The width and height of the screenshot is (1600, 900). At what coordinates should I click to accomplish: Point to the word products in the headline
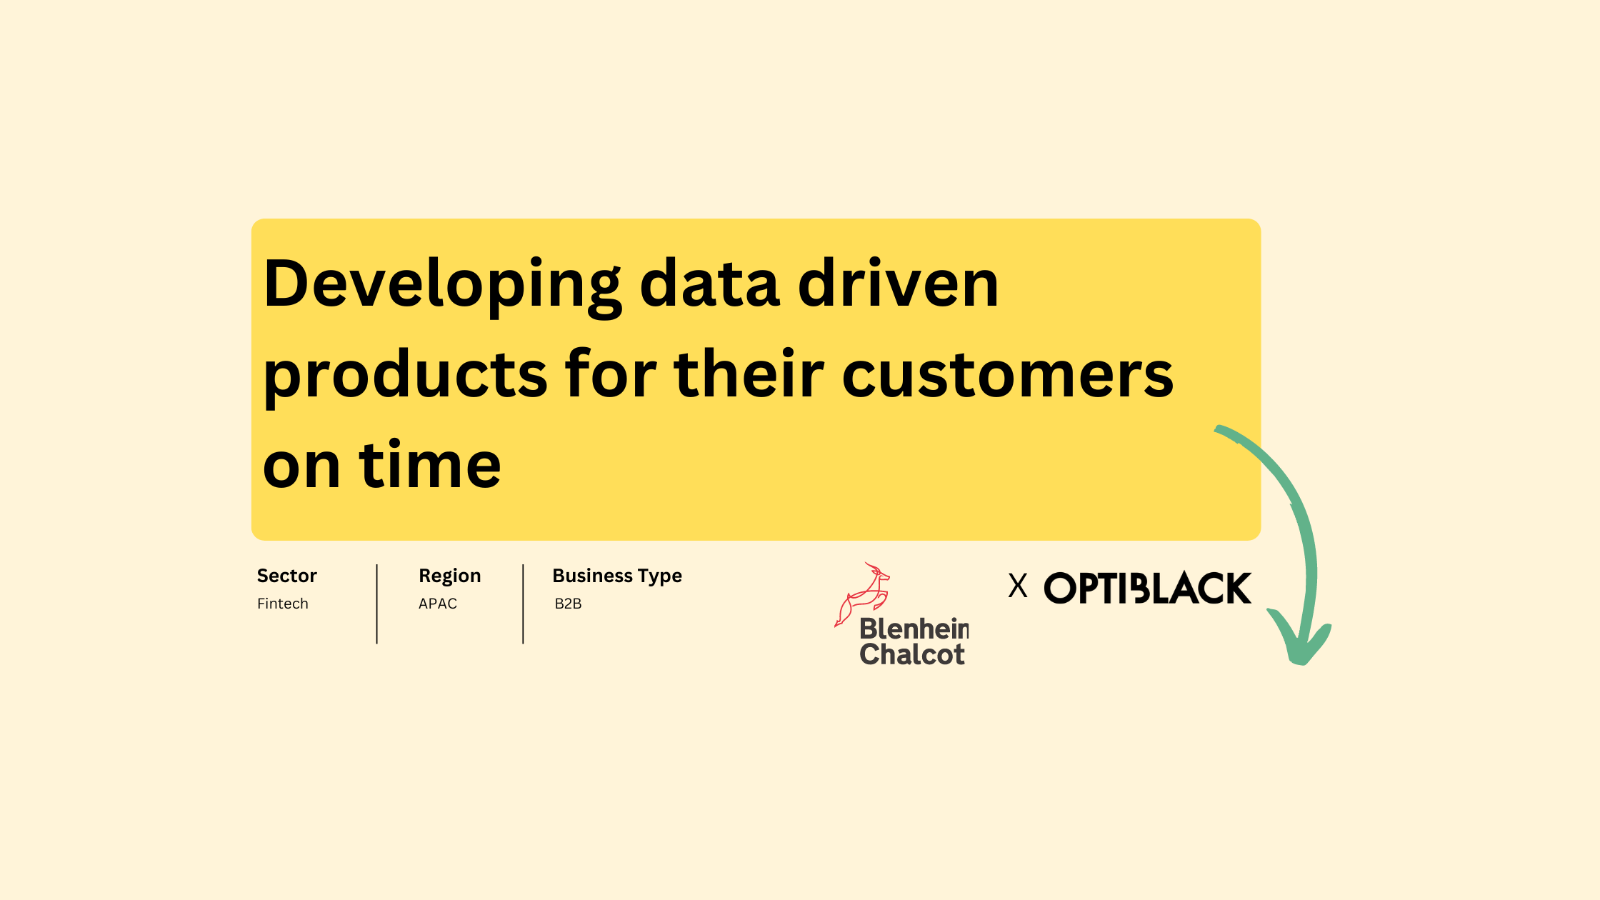405,376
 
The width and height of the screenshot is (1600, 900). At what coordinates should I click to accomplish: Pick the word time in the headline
430,466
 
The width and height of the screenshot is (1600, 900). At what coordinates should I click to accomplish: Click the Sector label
286,576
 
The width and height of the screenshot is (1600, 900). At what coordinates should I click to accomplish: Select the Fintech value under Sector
283,604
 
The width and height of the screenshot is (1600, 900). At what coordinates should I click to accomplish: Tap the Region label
449,576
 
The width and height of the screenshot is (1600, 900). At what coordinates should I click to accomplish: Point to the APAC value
438,604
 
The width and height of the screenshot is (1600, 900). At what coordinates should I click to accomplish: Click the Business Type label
617,576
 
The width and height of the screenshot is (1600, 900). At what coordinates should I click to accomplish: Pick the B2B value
568,604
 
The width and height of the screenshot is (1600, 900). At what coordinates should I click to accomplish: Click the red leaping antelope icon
863,593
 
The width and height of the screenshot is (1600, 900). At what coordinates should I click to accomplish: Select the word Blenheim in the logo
914,629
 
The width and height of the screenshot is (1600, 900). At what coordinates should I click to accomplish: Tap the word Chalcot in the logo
912,654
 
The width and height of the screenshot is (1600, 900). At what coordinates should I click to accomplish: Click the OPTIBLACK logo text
1147,589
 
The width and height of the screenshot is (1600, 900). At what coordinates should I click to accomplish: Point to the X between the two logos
1018,586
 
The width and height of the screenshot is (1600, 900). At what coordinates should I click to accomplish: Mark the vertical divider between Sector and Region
377,604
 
